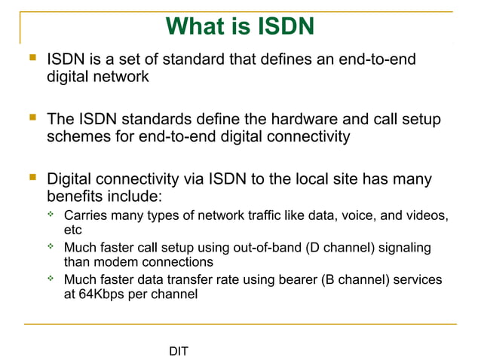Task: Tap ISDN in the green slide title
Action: [x=280, y=26]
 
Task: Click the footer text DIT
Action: [x=179, y=351]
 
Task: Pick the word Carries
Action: [x=86, y=217]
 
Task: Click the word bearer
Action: [x=297, y=280]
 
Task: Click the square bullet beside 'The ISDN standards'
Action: [x=32, y=118]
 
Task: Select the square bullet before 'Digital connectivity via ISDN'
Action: [x=32, y=179]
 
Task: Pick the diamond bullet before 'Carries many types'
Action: [x=51, y=216]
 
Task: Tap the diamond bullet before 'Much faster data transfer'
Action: [x=51, y=279]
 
